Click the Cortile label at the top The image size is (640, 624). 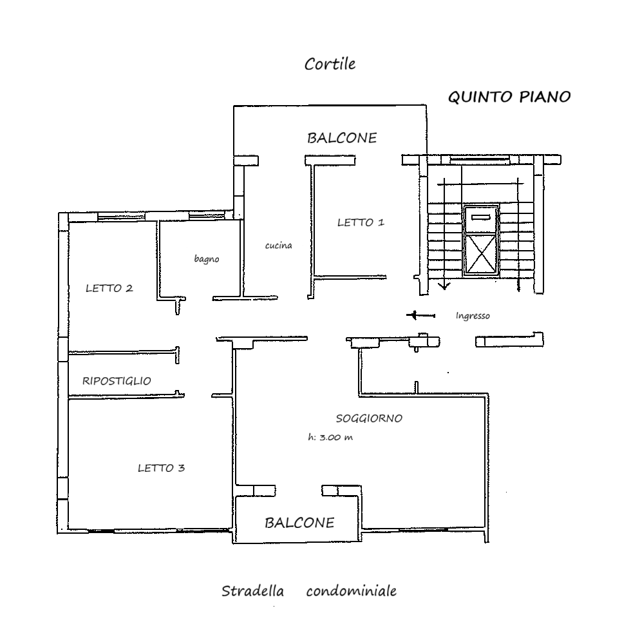click(x=330, y=64)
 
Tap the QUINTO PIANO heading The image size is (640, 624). click(x=509, y=97)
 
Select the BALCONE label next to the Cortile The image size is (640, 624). click(x=342, y=138)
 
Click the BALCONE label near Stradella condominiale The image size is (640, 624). click(x=299, y=523)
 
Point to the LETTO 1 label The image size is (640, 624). click(x=361, y=222)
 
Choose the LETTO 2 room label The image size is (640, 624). click(x=109, y=288)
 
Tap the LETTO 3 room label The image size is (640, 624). click(x=161, y=468)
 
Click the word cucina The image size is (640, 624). click(x=278, y=245)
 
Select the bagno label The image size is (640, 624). click(x=207, y=258)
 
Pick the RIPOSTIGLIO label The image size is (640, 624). click(x=117, y=381)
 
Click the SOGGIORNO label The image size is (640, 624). click(x=369, y=418)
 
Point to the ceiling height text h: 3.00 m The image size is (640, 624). click(x=330, y=437)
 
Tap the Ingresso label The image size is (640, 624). click(x=473, y=315)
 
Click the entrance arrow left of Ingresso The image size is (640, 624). click(x=420, y=315)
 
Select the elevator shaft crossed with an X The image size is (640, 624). click(x=481, y=253)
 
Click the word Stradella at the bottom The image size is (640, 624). click(x=252, y=591)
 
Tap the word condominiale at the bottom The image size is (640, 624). click(x=352, y=591)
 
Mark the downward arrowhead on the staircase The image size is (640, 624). click(x=444, y=286)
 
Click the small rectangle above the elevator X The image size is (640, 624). click(x=482, y=217)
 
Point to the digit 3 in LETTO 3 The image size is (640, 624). click(x=181, y=468)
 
